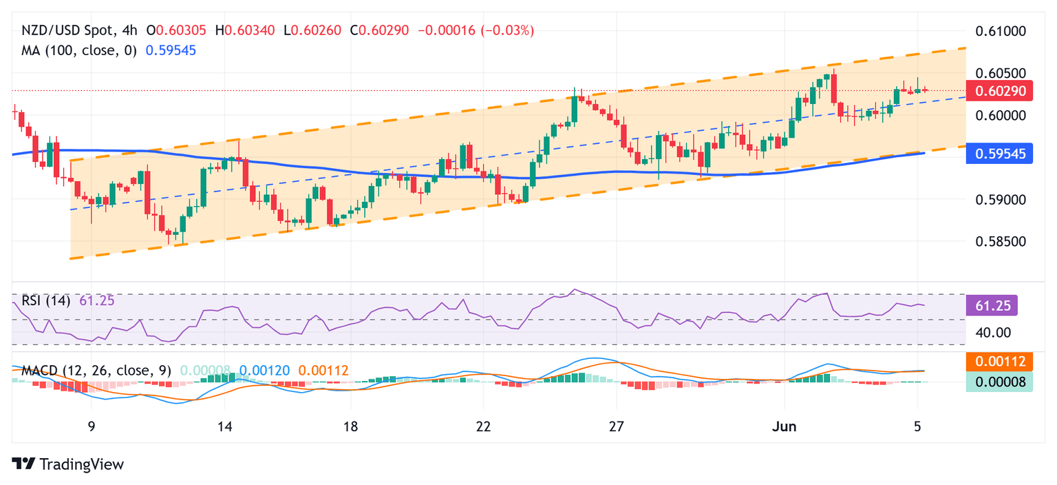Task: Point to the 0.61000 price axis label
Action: point(1001,31)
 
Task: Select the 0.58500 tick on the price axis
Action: point(1001,242)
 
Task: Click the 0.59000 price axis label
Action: point(1001,200)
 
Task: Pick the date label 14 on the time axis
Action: point(224,427)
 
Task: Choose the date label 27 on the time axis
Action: point(617,427)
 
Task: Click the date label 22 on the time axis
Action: point(483,427)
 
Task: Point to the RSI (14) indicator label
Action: point(46,300)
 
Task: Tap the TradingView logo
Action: point(68,464)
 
